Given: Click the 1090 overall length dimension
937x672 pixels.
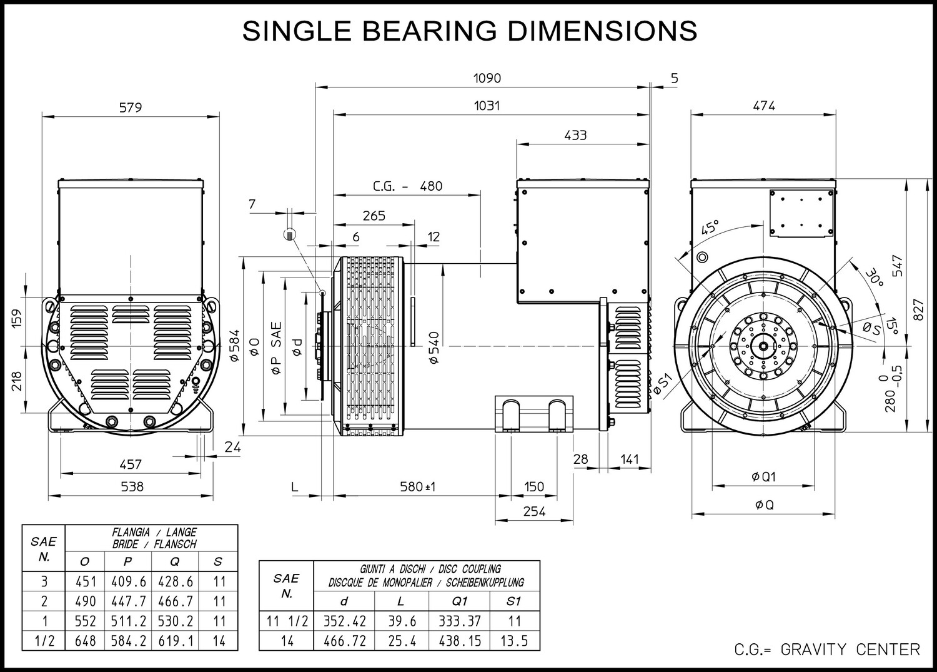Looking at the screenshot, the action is click(487, 78).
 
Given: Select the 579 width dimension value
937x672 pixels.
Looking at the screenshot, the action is click(131, 108).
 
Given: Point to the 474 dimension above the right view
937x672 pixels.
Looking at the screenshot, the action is click(764, 106).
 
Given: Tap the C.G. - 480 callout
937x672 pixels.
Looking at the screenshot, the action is click(407, 186).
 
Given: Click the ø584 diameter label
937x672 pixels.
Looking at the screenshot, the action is click(235, 346).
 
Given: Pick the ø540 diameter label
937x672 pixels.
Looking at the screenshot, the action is click(434, 348).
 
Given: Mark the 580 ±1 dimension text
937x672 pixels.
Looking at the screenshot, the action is click(417, 486).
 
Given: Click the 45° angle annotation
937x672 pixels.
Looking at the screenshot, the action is click(710, 228).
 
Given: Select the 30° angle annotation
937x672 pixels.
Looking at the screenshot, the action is click(875, 277).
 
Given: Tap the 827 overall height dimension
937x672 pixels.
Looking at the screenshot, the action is click(918, 310).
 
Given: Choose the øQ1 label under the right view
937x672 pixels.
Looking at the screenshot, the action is click(763, 477).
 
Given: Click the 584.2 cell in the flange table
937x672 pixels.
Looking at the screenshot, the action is click(129, 641).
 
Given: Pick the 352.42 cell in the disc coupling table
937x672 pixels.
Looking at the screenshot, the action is click(345, 621).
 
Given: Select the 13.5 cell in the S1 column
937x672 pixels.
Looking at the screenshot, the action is click(514, 641).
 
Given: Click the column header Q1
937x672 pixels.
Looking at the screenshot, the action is click(459, 601).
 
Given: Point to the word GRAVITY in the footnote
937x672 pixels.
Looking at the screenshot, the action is click(813, 650).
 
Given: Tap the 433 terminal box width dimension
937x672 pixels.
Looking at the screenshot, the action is click(575, 135).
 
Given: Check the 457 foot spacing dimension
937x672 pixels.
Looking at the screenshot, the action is click(131, 464).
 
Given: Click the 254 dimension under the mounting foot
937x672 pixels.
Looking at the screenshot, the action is click(534, 511).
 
